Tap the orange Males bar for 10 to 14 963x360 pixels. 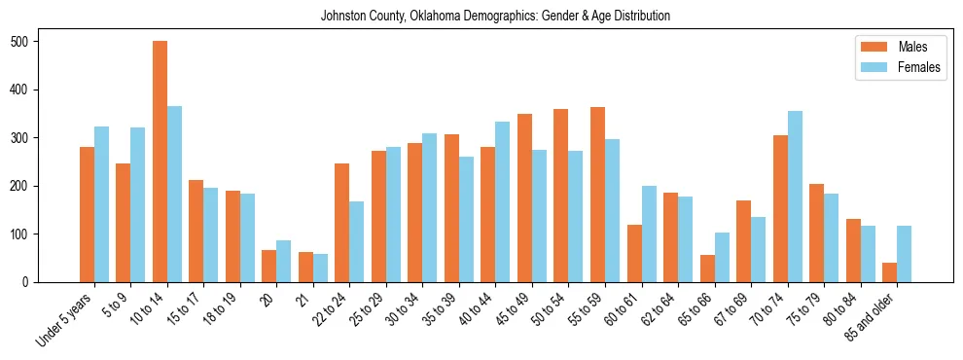pos(160,162)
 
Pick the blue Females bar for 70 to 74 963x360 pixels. pos(795,197)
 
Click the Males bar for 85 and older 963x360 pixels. pos(889,272)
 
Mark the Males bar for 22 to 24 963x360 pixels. pos(342,223)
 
